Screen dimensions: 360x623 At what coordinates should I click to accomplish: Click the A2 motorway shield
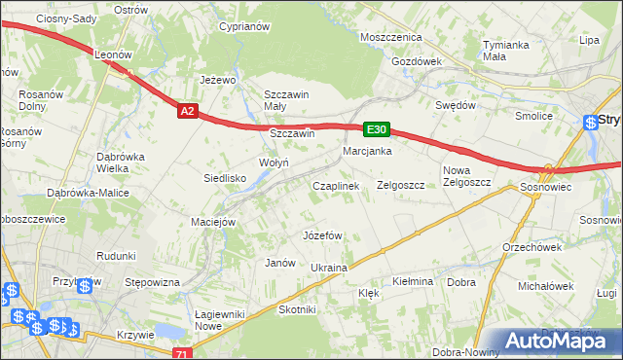coord(189,112)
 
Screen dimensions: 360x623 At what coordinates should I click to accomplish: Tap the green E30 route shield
coord(377,128)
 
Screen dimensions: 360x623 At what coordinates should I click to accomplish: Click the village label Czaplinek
coord(336,185)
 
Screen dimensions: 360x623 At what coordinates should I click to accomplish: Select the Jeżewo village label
coord(219,80)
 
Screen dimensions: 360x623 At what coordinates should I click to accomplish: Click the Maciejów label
coord(214,222)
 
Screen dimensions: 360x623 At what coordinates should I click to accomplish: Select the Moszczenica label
coord(390,37)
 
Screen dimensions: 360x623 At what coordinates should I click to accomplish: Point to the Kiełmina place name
coord(412,281)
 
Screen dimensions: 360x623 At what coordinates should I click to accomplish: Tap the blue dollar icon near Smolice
coord(592,123)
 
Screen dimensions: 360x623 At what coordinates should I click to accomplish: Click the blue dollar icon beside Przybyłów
coord(86,285)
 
